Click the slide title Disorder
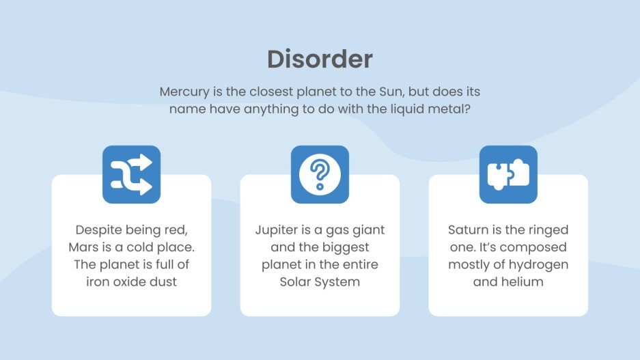click(320, 59)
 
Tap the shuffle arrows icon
click(131, 174)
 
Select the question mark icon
click(320, 174)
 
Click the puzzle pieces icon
click(508, 174)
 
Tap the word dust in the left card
click(163, 281)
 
